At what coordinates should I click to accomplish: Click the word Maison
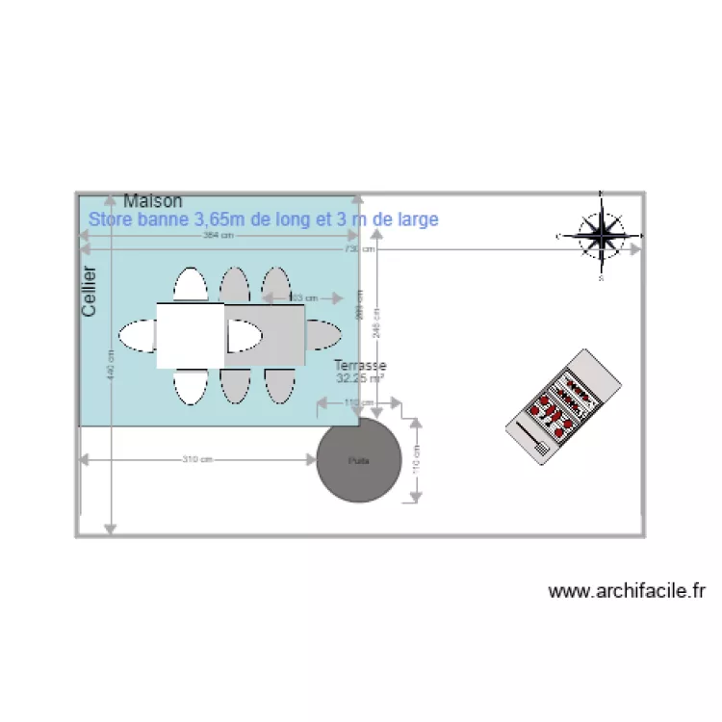(153, 201)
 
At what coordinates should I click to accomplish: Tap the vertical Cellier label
(90, 291)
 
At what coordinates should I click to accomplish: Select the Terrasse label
(360, 366)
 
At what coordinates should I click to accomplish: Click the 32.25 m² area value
(359, 379)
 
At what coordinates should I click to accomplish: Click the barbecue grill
(565, 405)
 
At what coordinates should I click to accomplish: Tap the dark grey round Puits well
(359, 460)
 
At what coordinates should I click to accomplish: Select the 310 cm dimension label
(197, 459)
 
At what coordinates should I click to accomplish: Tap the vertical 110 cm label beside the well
(416, 460)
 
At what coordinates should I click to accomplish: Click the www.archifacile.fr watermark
(628, 591)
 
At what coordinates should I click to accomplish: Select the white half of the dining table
(191, 335)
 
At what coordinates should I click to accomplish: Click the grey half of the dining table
(266, 335)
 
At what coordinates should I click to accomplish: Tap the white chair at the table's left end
(137, 335)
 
